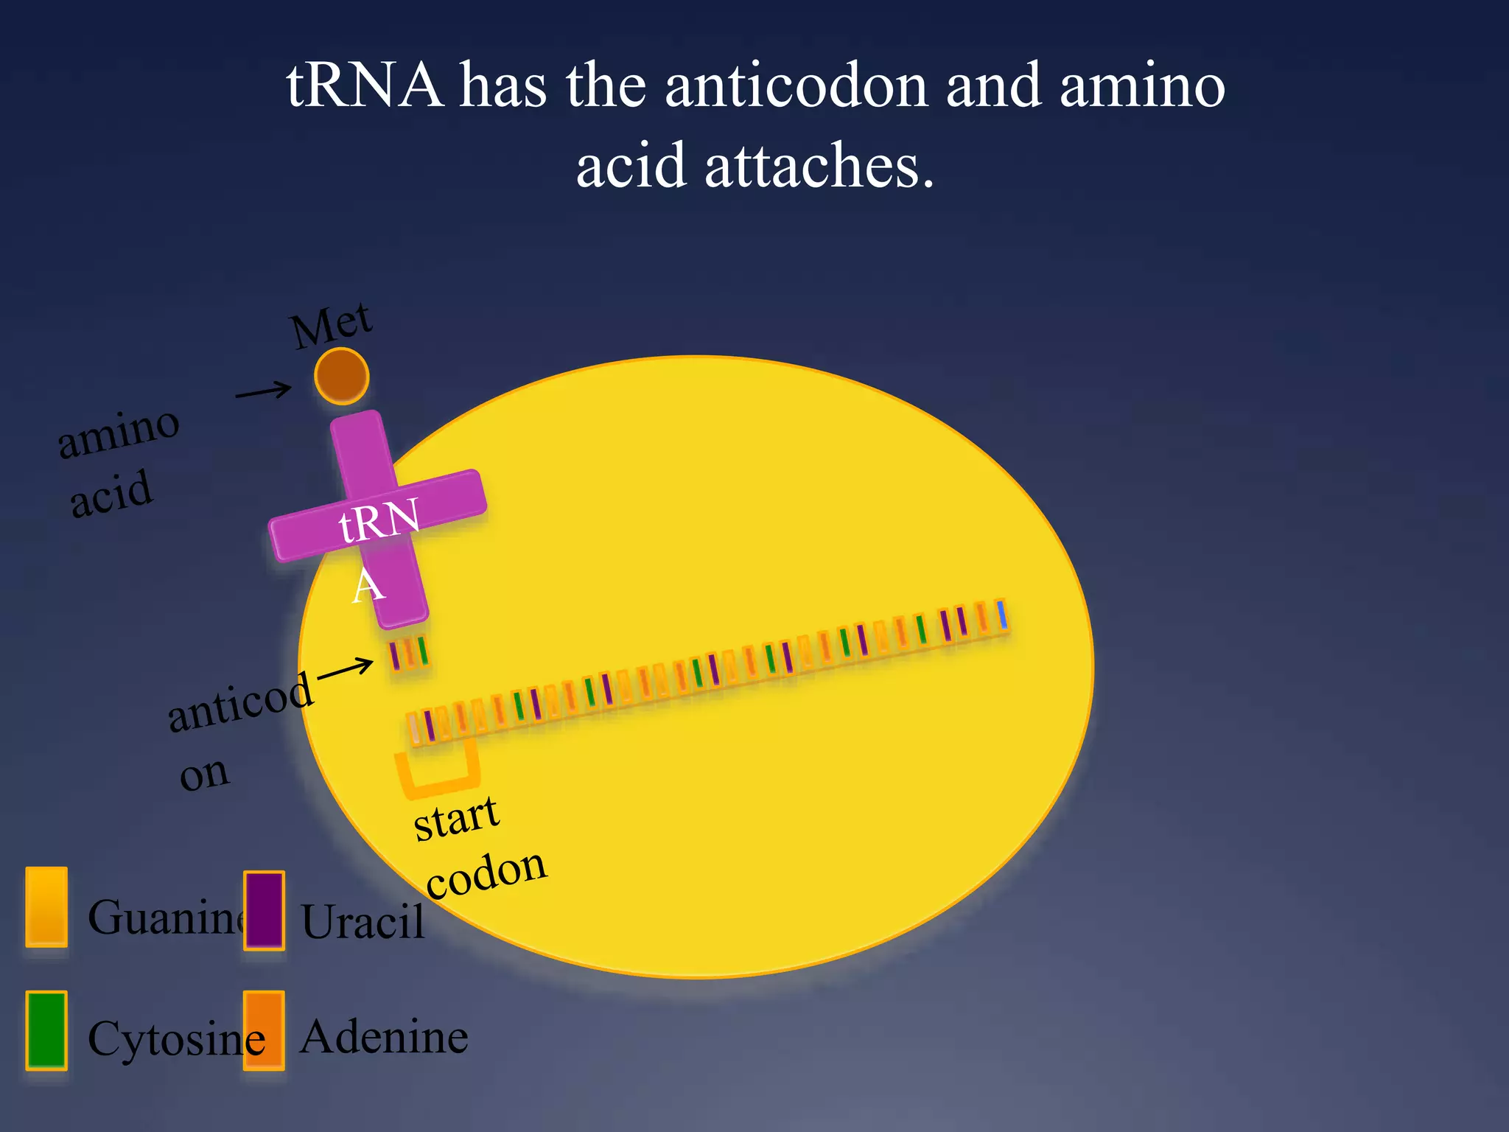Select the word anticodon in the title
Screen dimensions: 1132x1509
[x=796, y=86]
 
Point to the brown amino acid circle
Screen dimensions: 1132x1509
[x=342, y=377]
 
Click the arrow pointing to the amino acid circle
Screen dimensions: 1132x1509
[x=264, y=391]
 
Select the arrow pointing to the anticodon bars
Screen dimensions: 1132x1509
[x=345, y=668]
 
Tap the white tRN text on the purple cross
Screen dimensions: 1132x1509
[x=379, y=520]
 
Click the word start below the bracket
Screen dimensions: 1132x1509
[x=456, y=818]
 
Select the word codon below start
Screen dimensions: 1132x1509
[x=486, y=874]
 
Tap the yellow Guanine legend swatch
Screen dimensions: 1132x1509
[x=46, y=907]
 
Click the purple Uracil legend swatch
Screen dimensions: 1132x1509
[x=264, y=910]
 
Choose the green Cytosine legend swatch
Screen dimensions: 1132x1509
[x=46, y=1030]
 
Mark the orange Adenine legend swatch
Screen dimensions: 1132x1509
[x=264, y=1030]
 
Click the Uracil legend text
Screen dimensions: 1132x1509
[x=363, y=921]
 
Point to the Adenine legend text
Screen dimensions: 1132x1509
[x=384, y=1037]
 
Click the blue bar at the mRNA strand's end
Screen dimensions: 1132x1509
[x=1002, y=615]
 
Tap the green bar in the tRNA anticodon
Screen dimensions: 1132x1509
[x=423, y=651]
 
